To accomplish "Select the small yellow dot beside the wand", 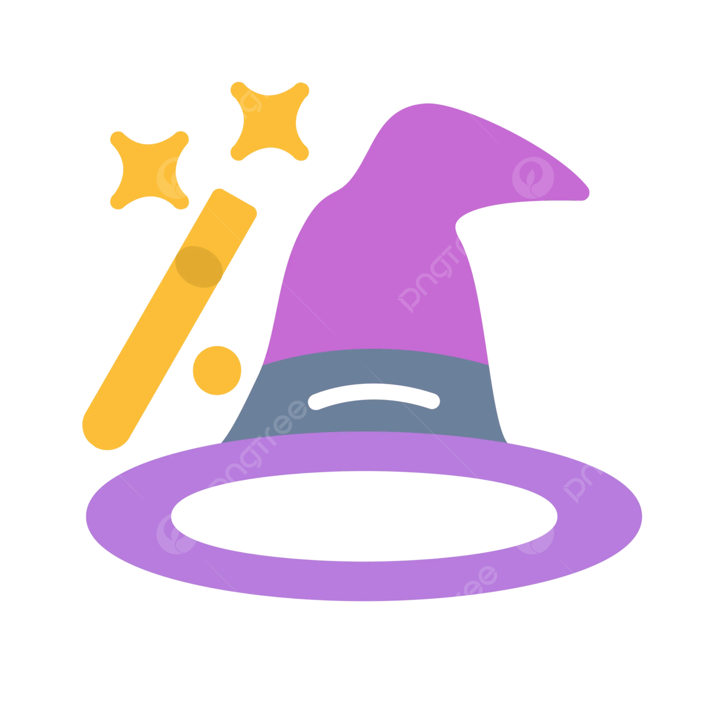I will [x=217, y=368].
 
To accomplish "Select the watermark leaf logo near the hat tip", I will [x=532, y=177].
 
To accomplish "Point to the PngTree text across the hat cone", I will [x=448, y=260].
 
